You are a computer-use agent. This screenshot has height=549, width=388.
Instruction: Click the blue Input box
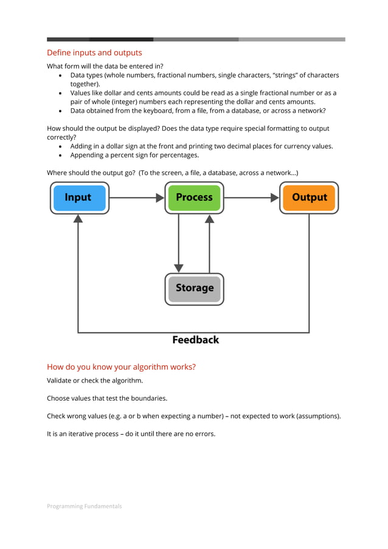pyautogui.click(x=79, y=198)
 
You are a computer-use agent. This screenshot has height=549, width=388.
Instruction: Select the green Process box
pyautogui.click(x=194, y=198)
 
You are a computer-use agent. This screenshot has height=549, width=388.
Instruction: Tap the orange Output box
pyautogui.click(x=309, y=198)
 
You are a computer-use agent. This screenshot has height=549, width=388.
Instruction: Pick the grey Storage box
pyautogui.click(x=194, y=288)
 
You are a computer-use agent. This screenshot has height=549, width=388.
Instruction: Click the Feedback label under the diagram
pyautogui.click(x=195, y=340)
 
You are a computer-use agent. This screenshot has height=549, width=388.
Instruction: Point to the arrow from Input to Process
pyautogui.click(x=137, y=198)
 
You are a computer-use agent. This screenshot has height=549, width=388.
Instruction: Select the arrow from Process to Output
pyautogui.click(x=251, y=198)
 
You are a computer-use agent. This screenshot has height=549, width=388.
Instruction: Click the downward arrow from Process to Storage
pyautogui.click(x=178, y=243)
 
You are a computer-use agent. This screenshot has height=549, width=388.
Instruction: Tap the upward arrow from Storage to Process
pyautogui.click(x=210, y=243)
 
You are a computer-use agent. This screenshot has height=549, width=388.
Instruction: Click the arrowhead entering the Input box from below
pyautogui.click(x=78, y=219)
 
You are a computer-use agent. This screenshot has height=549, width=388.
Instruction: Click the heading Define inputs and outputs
pyautogui.click(x=94, y=53)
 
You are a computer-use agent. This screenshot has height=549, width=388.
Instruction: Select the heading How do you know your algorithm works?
pyautogui.click(x=121, y=367)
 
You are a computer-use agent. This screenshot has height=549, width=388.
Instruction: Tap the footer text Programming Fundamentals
pyautogui.click(x=85, y=506)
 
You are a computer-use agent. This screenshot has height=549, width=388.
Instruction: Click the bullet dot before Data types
pyautogui.click(x=61, y=75)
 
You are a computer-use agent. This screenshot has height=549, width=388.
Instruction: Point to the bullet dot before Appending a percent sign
pyautogui.click(x=61, y=155)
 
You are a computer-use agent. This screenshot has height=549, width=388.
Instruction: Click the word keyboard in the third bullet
pyautogui.click(x=170, y=111)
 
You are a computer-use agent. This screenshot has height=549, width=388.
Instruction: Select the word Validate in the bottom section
pyautogui.click(x=60, y=381)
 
